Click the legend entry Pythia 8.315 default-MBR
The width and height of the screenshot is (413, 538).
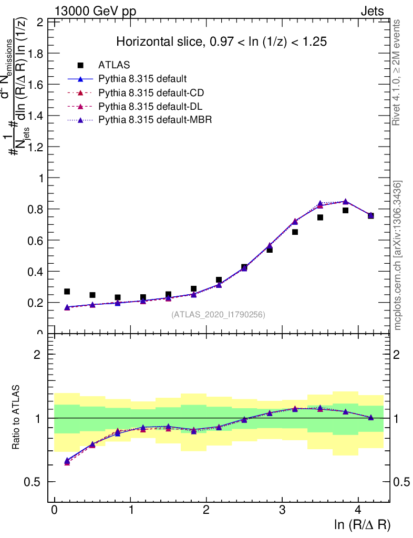155,120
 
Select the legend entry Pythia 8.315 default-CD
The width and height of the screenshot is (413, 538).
151,92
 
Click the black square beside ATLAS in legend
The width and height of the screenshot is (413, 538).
80,65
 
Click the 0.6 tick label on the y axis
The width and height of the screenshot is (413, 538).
37,240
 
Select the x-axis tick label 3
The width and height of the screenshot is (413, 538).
282,510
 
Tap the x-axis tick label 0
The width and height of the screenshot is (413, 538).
55,510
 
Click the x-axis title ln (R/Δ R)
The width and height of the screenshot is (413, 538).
362,524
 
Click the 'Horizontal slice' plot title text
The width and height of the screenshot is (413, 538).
222,42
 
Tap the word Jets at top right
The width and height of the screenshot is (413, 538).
372,12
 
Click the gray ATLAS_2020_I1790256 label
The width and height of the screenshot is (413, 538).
218,315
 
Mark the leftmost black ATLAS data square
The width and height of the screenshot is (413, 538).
67,292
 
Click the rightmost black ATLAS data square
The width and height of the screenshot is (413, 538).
371,215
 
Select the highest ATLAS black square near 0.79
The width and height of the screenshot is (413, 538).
346,210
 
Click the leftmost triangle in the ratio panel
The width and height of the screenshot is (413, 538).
67,461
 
